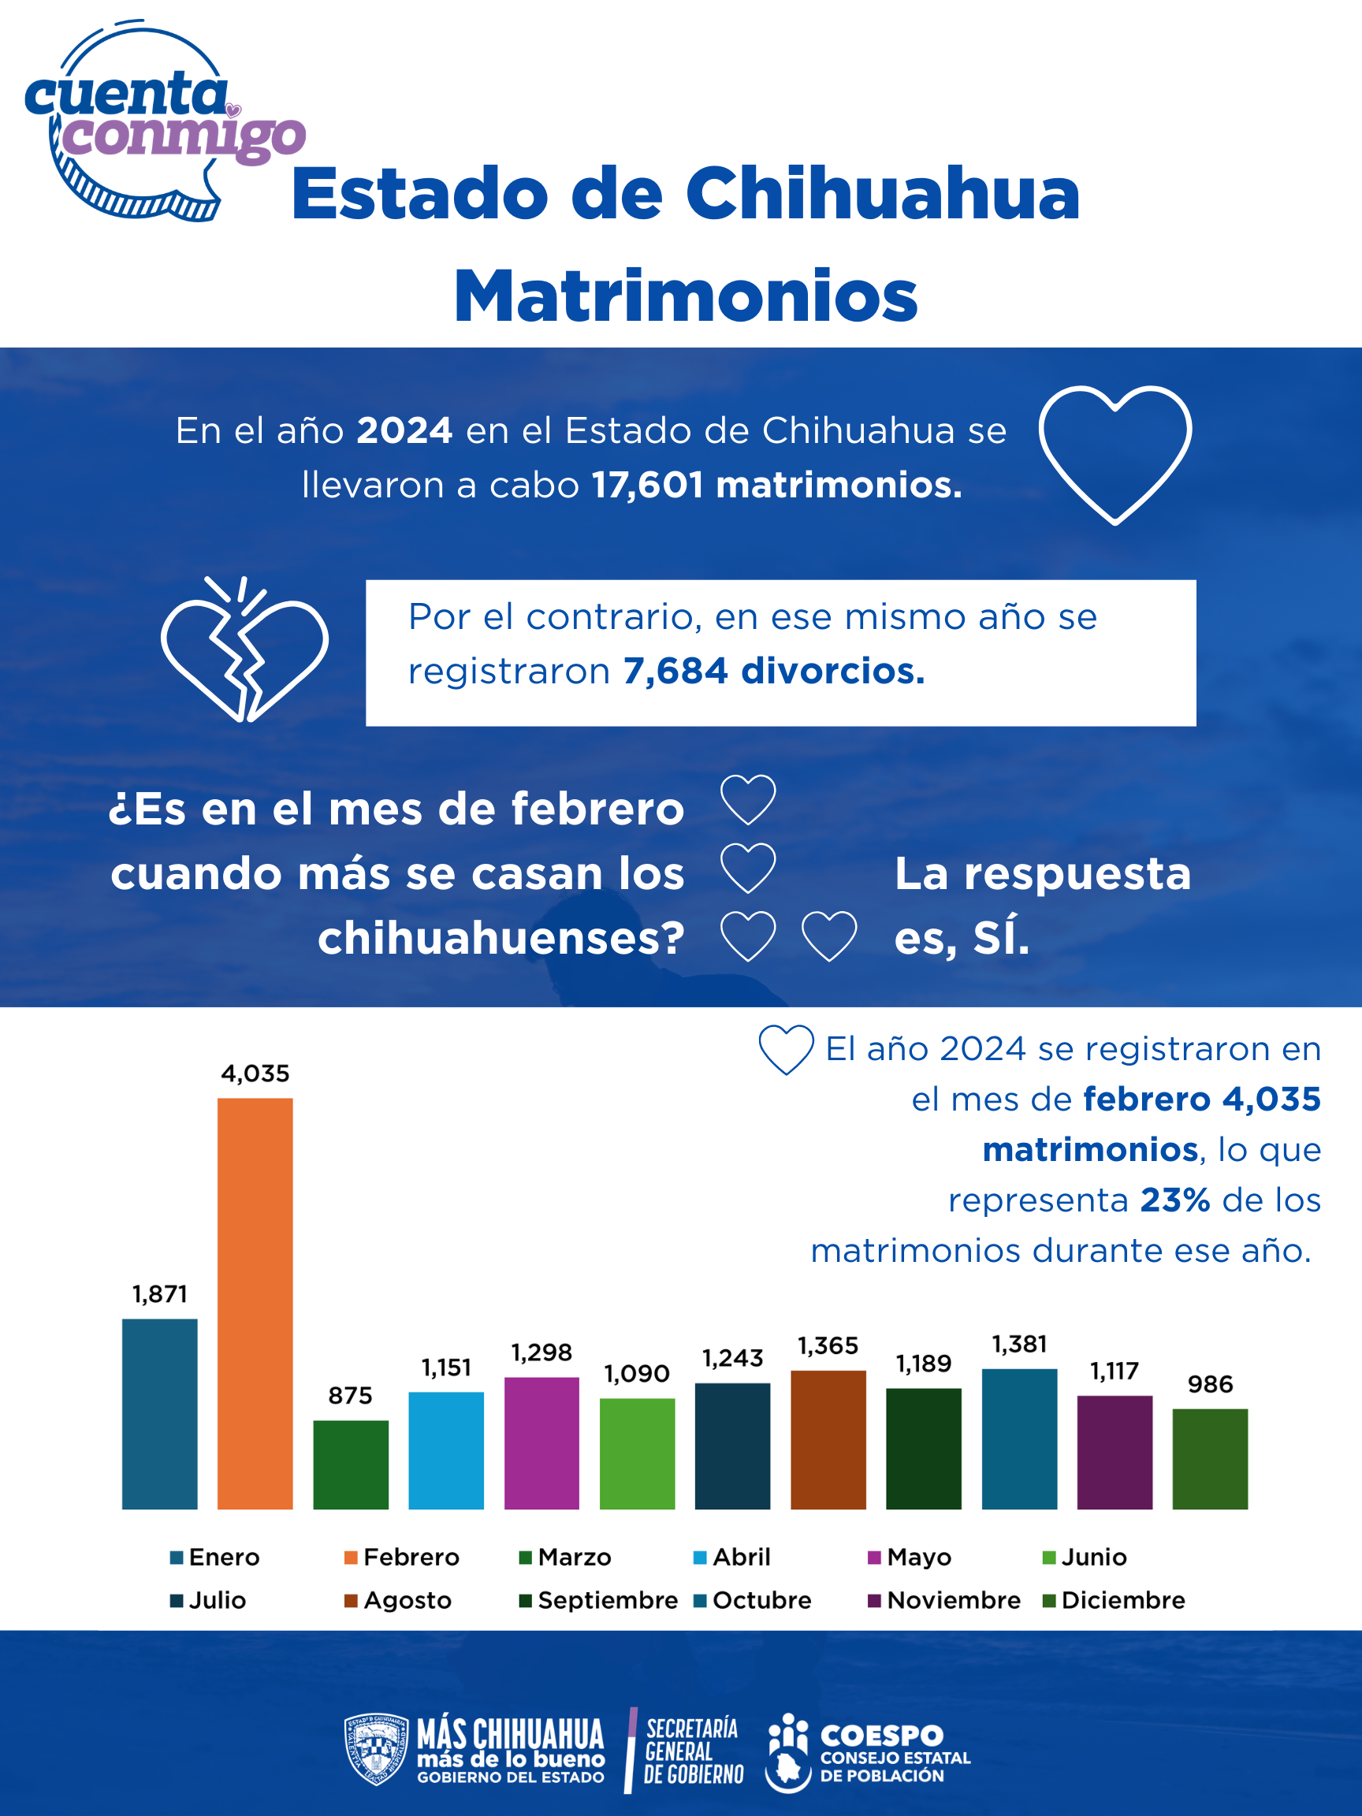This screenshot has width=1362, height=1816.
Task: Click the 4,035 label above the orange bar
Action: (x=255, y=1073)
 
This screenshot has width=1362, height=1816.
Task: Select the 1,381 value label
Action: (x=1019, y=1344)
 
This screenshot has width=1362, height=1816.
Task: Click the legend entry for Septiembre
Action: (x=598, y=1600)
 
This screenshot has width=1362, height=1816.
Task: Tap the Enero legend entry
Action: (x=215, y=1557)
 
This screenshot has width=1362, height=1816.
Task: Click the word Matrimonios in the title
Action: (x=686, y=296)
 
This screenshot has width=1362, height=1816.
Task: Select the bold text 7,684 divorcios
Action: (x=773, y=671)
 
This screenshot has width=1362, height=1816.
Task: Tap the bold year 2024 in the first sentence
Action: (x=404, y=430)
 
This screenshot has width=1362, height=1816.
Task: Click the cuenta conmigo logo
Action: (x=156, y=123)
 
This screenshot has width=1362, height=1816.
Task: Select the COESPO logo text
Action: (x=882, y=1736)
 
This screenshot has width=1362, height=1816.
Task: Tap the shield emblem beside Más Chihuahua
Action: (x=376, y=1750)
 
